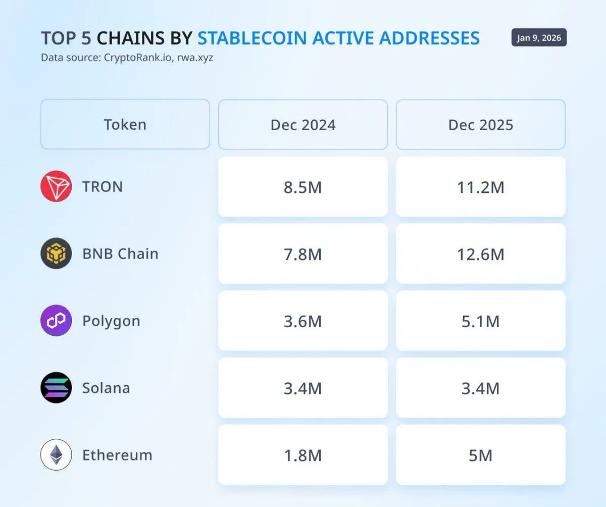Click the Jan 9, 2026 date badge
[539, 38]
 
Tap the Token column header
[125, 125]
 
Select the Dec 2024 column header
[303, 125]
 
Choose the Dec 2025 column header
[481, 125]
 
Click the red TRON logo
[56, 186]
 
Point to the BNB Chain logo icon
[56, 253]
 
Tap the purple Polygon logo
[56, 321]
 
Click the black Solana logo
[56, 388]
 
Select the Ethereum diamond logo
[56, 455]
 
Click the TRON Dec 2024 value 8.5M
[303, 187]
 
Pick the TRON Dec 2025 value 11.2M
[481, 187]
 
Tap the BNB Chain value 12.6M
[481, 254]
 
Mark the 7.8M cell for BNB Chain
[303, 254]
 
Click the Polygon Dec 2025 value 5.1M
[481, 321]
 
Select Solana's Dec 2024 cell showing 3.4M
[303, 388]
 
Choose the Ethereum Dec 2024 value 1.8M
[303, 455]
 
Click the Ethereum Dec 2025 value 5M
[481, 455]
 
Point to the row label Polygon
[111, 321]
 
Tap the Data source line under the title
[127, 58]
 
